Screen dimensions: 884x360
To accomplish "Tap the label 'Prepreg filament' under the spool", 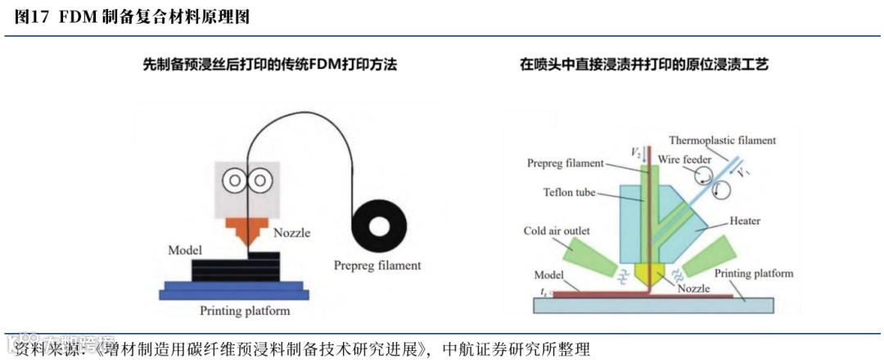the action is click(377, 265).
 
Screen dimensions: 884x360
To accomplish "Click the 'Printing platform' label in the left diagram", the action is click(245, 311).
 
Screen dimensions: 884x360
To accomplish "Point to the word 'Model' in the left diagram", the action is click(185, 249).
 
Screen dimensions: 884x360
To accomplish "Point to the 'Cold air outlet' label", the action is click(557, 232).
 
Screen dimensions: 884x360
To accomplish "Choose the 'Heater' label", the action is click(744, 221).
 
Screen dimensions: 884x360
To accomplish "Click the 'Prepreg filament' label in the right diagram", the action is click(566, 164).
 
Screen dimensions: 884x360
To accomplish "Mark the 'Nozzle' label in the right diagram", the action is click(693, 288).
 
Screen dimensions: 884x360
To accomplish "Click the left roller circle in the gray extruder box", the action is click(236, 181).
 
